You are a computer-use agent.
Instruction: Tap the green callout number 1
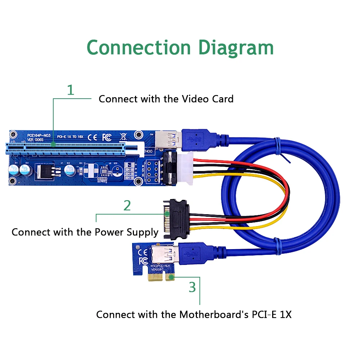pos(71,90)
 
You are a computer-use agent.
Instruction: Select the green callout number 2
pos(127,205)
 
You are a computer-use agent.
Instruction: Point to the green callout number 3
pos(193,287)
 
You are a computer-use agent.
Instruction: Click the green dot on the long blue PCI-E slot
pos(53,145)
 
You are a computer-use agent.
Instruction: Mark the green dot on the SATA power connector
pos(167,213)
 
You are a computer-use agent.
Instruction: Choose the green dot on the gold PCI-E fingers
pos(171,277)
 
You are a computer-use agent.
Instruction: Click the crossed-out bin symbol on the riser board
pos(123,136)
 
